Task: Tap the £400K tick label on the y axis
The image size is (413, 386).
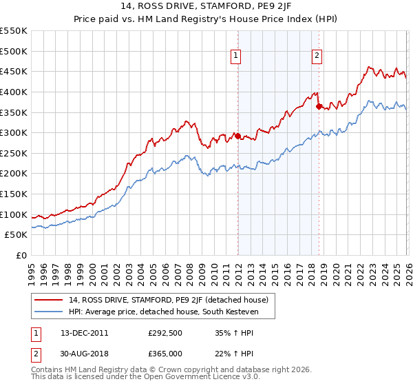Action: tap(14, 92)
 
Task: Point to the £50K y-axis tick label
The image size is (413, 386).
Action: tap(17, 235)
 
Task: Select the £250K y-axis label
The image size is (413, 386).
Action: tap(14, 153)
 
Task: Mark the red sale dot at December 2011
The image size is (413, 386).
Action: tap(237, 136)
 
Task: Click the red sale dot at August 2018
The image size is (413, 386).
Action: tap(319, 106)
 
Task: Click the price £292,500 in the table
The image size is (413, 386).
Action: tap(165, 333)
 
